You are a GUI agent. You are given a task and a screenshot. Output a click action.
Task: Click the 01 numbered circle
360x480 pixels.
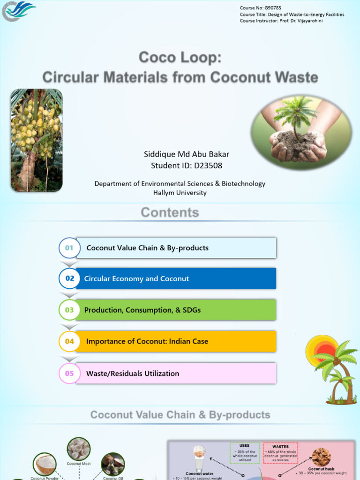pos(69,248)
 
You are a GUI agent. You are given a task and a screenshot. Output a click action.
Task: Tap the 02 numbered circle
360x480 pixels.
pos(69,278)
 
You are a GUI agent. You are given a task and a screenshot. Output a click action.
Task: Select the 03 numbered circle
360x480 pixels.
pos(69,310)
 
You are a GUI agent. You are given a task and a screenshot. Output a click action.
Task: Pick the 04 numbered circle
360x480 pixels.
pos(69,341)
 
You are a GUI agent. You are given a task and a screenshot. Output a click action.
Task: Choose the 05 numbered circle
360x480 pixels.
pos(69,374)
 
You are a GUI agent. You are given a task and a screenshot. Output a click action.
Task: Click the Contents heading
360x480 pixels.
pos(170,212)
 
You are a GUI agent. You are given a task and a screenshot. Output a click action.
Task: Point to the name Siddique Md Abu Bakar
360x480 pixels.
pos(187,154)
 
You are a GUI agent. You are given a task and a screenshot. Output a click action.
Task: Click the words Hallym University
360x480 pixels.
pos(180,193)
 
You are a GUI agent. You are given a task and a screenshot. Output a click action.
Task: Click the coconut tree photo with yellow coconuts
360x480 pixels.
pos(37,140)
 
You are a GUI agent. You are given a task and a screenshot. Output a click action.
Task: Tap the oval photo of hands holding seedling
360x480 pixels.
pos(301,130)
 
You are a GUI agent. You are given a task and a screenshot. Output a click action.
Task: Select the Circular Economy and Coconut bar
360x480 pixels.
pos(176,278)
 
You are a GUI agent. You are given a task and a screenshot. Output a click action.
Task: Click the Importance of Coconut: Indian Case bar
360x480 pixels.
pos(176,341)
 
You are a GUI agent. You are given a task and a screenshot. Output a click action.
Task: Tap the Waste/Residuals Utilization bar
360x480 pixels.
pos(176,374)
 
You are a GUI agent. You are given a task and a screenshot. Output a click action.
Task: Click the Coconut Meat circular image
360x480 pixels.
pos(79,449)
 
